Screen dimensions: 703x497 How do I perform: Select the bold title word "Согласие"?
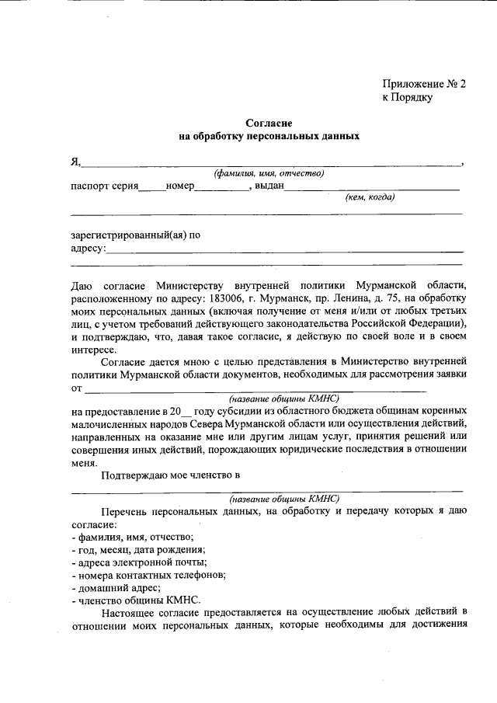(x=269, y=123)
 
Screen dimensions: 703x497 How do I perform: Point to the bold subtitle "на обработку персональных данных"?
(x=269, y=136)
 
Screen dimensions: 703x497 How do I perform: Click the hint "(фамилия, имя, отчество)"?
(x=269, y=173)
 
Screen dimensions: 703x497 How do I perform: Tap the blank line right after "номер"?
(x=220, y=187)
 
